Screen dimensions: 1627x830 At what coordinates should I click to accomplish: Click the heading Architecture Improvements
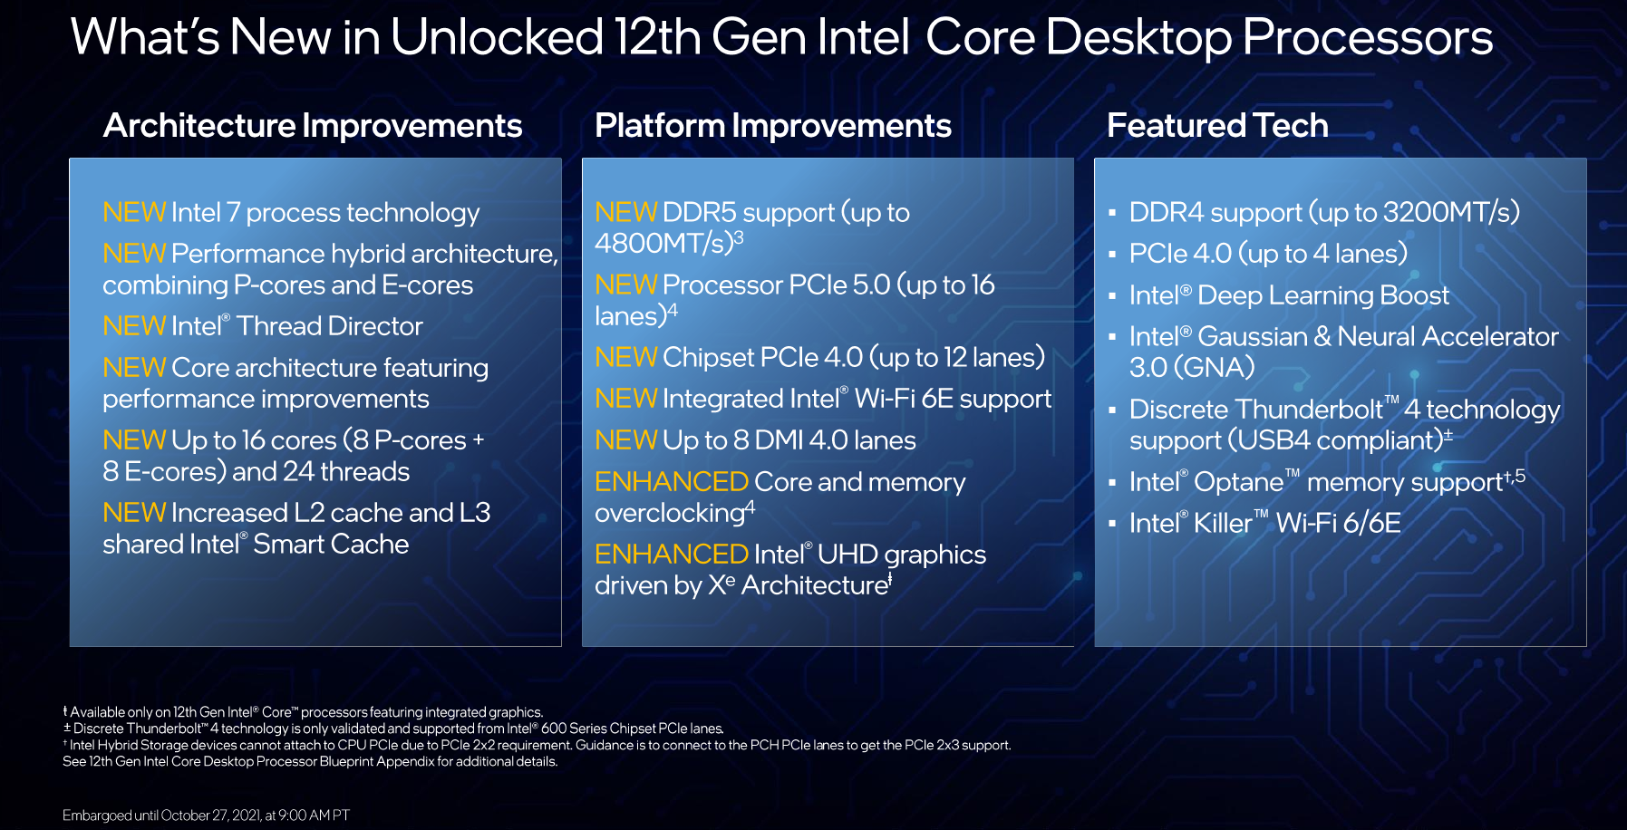[x=313, y=126]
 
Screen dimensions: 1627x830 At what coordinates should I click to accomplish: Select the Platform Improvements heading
[x=773, y=126]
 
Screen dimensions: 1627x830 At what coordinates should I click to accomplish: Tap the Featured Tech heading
[x=1217, y=125]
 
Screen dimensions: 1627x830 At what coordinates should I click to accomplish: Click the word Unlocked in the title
[x=497, y=37]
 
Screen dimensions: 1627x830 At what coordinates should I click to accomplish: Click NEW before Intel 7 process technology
[x=134, y=212]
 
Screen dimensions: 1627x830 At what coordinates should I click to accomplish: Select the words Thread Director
[x=330, y=326]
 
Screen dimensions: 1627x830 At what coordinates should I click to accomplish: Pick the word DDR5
[x=699, y=212]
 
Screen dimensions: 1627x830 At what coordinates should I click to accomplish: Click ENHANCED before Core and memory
[x=672, y=481]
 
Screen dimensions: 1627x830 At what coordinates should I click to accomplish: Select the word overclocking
[x=670, y=514]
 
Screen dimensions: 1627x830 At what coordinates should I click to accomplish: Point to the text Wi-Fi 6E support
[x=954, y=400]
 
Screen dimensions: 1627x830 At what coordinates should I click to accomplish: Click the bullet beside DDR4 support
[x=1112, y=214]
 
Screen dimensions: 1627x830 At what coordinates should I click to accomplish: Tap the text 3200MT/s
[x=1448, y=212]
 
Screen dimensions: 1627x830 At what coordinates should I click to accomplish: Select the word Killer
[x=1223, y=523]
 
